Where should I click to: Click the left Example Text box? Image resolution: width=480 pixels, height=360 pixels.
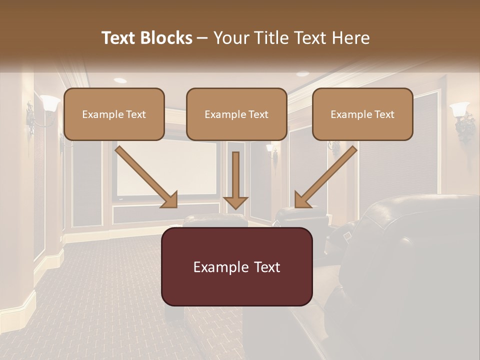pos(114,114)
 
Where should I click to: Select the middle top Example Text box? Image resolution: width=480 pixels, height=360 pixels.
pos(236,114)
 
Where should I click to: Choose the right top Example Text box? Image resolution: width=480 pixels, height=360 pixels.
pos(362,114)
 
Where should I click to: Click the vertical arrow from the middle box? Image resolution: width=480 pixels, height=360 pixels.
pos(235,180)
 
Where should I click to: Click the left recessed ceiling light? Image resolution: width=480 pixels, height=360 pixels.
pos(120,80)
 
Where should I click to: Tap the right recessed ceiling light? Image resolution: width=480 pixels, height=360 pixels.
pos(302,74)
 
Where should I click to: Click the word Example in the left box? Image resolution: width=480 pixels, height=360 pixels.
pos(98,114)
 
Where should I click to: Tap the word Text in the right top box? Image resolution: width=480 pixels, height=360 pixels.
pos(384,114)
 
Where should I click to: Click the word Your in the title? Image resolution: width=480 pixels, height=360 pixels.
pos(230,38)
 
